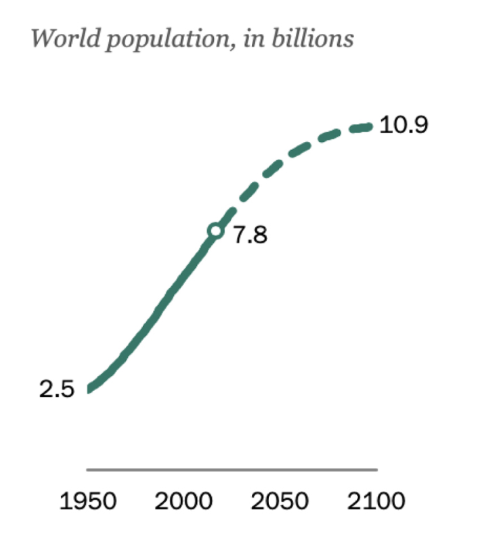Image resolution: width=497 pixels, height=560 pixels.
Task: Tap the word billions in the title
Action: (313, 38)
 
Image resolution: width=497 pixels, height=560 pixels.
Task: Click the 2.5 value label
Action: (56, 390)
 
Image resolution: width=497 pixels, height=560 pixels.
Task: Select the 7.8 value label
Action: (250, 237)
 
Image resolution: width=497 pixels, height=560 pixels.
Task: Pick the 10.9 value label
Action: (403, 126)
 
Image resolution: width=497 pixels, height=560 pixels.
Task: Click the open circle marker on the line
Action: (215, 231)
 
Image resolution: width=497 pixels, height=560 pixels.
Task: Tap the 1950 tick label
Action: (88, 502)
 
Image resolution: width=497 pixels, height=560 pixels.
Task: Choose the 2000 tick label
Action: (184, 502)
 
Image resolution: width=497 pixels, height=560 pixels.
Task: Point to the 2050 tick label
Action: (280, 502)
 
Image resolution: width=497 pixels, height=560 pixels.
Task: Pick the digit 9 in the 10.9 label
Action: (419, 126)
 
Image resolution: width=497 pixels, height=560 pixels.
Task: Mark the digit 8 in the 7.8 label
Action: (259, 237)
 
